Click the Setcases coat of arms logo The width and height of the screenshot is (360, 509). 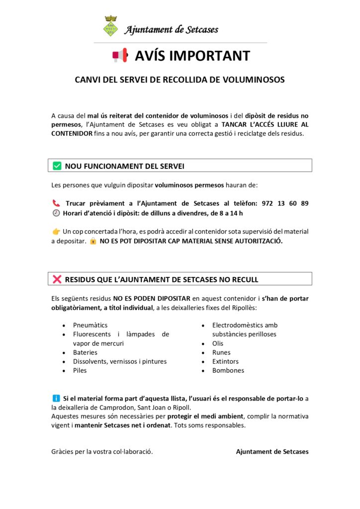pyautogui.click(x=110, y=26)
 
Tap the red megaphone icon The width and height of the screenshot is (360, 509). pyautogui.click(x=120, y=56)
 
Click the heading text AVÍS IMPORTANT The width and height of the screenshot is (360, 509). pyautogui.click(x=192, y=56)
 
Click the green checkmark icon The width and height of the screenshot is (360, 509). pyautogui.click(x=57, y=166)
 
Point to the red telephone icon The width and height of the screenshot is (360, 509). pyautogui.click(x=56, y=203)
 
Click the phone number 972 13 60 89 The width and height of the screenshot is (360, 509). pyautogui.click(x=285, y=203)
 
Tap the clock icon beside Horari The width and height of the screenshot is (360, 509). pyautogui.click(x=56, y=213)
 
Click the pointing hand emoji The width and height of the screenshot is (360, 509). pyautogui.click(x=56, y=232)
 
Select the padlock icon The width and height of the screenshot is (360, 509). pyautogui.click(x=92, y=241)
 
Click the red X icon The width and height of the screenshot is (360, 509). pyautogui.click(x=57, y=279)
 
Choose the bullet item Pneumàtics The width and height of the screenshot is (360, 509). pyautogui.click(x=90, y=325)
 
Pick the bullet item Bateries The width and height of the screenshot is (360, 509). pyautogui.click(x=86, y=352)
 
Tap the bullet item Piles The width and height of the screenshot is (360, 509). pyautogui.click(x=80, y=370)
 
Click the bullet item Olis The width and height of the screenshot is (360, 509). pyautogui.click(x=218, y=343)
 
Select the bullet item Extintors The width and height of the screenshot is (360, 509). pyautogui.click(x=225, y=361)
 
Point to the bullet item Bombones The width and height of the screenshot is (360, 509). pyautogui.click(x=228, y=370)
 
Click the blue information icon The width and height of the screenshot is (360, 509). pyautogui.click(x=56, y=398)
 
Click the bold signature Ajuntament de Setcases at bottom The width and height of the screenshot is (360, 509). pyautogui.click(x=272, y=452)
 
